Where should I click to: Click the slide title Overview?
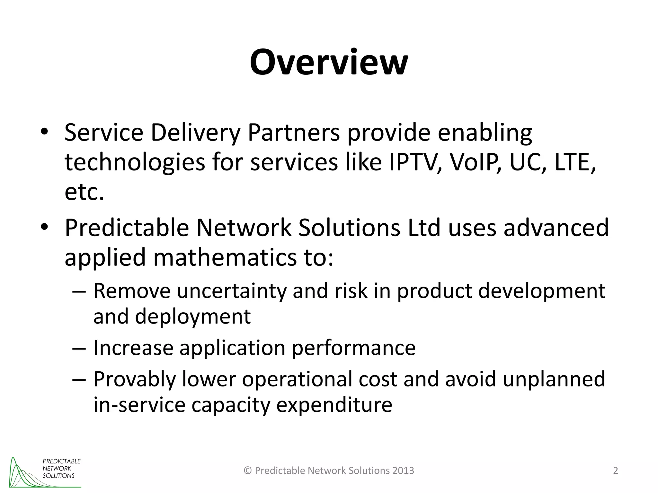pyautogui.click(x=329, y=62)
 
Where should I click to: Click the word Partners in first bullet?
pyautogui.click(x=294, y=133)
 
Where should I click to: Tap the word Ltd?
pyautogui.click(x=424, y=228)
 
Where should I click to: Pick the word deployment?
pyautogui.click(x=193, y=317)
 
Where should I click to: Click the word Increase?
pyautogui.click(x=133, y=348)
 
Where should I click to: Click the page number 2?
pyautogui.click(x=616, y=471)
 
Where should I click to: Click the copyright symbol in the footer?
pyautogui.click(x=248, y=471)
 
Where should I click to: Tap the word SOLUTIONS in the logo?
pyautogui.click(x=58, y=476)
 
